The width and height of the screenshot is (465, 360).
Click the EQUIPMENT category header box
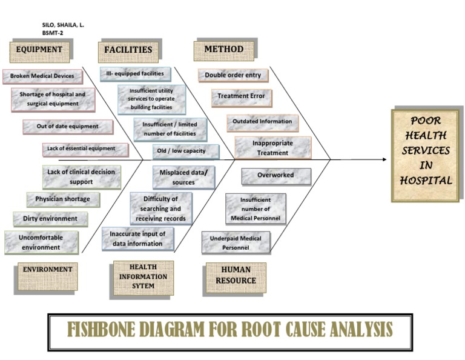pos(39,50)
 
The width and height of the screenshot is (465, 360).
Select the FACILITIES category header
pos(128,50)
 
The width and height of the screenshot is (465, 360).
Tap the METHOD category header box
pos(223,50)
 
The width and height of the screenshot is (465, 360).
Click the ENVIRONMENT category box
pos(47,270)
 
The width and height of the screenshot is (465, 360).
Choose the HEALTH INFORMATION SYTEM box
pos(143,276)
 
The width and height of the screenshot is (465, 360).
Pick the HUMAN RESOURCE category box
pos(235,276)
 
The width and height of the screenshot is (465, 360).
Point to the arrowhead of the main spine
pos(384,160)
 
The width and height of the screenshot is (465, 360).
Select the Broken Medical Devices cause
pos(42,76)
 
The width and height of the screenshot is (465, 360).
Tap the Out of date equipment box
pos(68,127)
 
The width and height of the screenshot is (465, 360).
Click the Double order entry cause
pos(232,75)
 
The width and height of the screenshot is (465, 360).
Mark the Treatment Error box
pos(241,96)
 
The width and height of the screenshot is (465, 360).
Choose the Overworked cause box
pos(275,175)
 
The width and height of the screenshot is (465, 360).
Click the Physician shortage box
pos(62,199)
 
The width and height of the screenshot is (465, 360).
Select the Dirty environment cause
pos(50,218)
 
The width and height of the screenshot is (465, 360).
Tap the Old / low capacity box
pos(182,150)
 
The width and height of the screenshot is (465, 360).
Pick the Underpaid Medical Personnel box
pos(236,242)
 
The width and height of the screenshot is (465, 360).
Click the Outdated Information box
pos(262,122)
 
